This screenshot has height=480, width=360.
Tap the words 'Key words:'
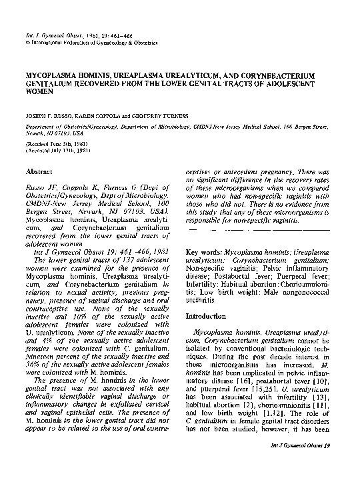click(199, 253)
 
